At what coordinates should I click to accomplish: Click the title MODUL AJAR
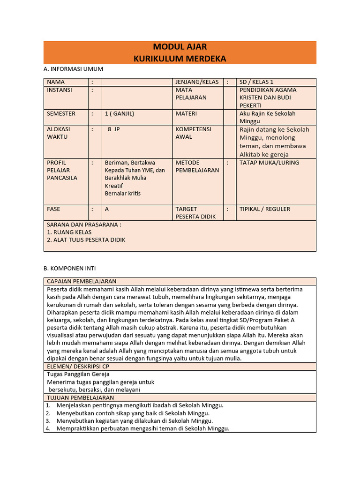click(180, 47)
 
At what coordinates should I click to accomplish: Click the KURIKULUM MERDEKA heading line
click(180, 59)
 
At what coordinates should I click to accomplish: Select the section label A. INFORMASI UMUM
click(73, 69)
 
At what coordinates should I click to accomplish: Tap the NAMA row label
click(56, 82)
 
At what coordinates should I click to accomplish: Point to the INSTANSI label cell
click(60, 90)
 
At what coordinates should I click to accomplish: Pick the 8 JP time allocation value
click(114, 129)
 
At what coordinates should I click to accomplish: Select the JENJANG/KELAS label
click(197, 82)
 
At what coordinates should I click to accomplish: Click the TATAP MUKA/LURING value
click(269, 163)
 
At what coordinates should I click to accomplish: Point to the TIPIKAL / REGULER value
click(265, 209)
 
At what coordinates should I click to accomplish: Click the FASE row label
click(53, 209)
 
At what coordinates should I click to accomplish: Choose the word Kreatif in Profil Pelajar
click(115, 186)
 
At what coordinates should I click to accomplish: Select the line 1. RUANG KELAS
click(69, 232)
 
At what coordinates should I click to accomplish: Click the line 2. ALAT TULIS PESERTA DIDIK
click(86, 240)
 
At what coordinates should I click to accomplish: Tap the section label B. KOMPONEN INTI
click(70, 268)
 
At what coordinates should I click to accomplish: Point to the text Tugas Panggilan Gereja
click(78, 374)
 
